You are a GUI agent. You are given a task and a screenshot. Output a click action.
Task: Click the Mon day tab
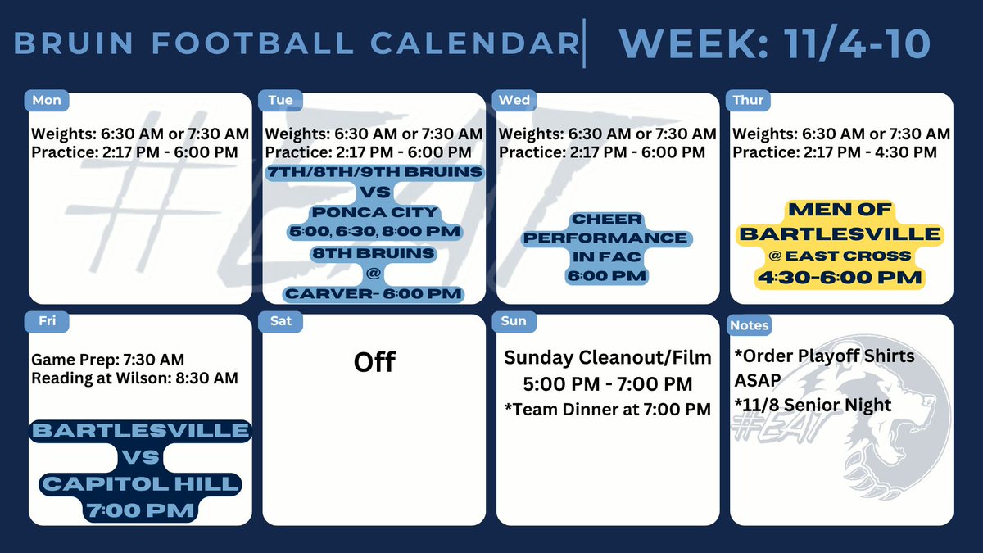tap(46, 100)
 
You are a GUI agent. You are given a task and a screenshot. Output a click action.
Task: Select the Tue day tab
tap(280, 100)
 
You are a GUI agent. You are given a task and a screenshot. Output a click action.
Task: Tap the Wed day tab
tap(514, 100)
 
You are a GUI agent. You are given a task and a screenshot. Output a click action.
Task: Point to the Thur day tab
tap(749, 100)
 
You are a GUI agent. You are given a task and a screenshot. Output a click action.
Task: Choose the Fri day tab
tap(47, 322)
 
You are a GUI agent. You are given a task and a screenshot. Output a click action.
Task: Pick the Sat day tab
tap(280, 322)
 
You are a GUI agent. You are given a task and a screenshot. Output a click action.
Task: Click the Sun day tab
tap(514, 322)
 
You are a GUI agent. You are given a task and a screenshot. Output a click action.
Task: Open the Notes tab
tap(750, 325)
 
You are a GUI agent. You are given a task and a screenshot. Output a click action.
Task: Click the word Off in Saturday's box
tap(374, 361)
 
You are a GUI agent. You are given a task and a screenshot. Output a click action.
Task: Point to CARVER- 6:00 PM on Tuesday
tap(374, 293)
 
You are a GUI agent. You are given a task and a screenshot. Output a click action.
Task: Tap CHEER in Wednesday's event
tap(606, 220)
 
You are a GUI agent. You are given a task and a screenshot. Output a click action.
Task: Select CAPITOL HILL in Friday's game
tap(140, 484)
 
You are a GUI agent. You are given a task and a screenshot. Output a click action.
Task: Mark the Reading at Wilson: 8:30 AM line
tap(134, 378)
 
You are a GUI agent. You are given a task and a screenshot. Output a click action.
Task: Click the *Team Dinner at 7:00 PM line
tap(607, 409)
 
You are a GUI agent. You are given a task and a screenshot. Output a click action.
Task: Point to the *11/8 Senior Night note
tap(814, 405)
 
